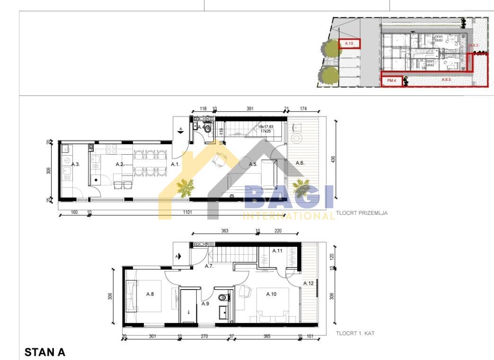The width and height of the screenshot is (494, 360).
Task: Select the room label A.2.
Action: (120, 164)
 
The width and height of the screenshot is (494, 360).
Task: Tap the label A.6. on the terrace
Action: (300, 163)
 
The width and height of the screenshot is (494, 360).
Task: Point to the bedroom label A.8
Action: (150, 294)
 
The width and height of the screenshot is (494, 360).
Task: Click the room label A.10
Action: (271, 294)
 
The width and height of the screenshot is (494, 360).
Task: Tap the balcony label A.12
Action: (309, 283)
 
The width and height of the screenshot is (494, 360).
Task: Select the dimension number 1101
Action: (188, 212)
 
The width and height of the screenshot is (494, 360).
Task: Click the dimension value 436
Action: (332, 159)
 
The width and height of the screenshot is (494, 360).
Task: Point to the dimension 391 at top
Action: (250, 109)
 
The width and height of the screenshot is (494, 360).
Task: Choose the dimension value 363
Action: (225, 231)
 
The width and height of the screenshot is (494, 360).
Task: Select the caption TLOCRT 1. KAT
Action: (355, 334)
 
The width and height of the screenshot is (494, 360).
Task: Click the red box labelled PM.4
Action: (392, 81)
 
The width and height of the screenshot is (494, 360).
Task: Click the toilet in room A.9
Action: (221, 298)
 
